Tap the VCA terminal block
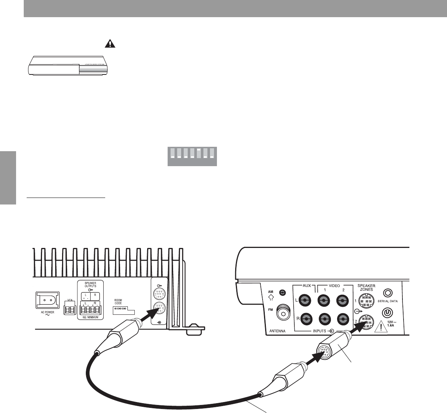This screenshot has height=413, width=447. (69, 310)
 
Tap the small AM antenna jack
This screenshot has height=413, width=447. (282, 292)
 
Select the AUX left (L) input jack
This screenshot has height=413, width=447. (305, 301)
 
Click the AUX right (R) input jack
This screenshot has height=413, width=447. (305, 319)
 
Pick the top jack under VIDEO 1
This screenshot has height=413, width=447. (323, 301)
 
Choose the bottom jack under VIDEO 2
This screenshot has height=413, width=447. (341, 319)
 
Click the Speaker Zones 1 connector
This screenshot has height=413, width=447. (365, 301)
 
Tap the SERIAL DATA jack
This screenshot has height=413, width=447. (388, 293)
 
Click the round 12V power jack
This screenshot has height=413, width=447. (388, 313)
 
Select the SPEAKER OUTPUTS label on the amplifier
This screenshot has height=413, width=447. (91, 284)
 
